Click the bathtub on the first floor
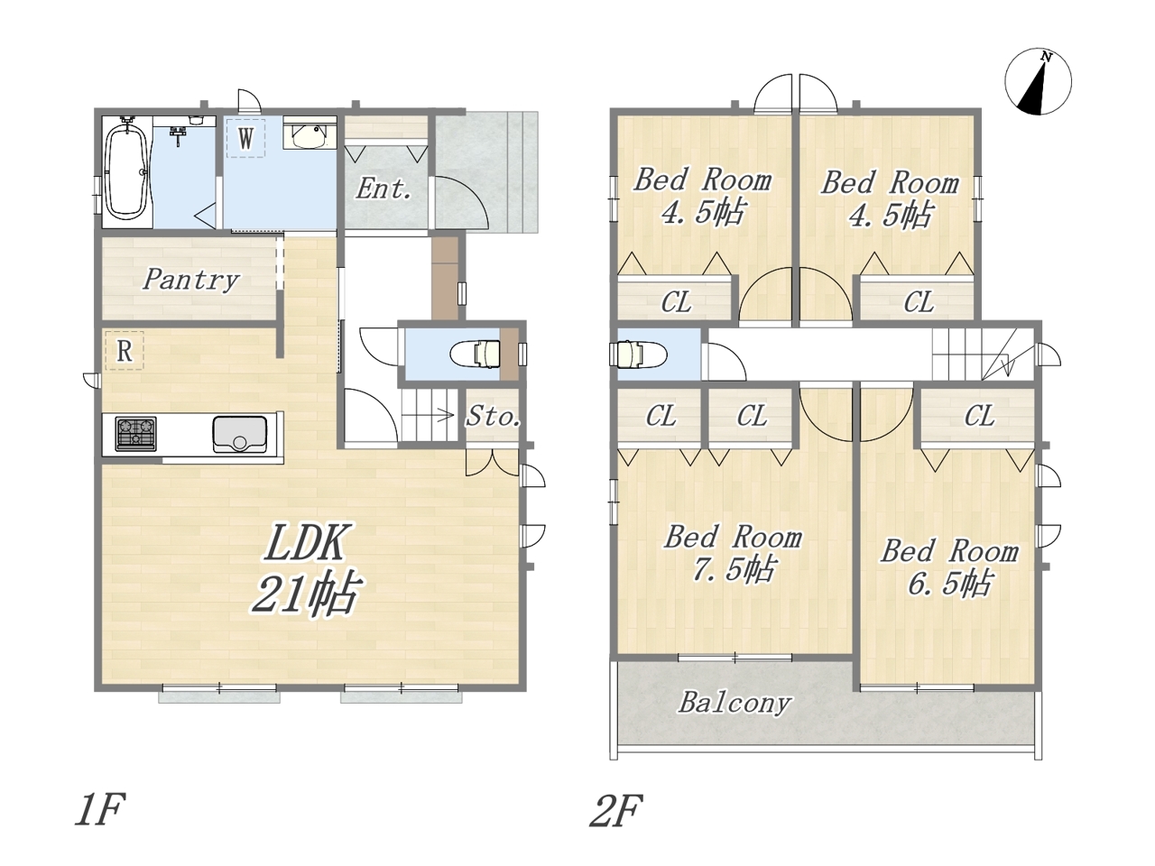127,172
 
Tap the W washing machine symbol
245,138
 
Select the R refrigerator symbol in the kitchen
125,351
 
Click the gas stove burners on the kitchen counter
135,434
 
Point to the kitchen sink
239,434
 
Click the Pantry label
191,280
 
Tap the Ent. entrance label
383,189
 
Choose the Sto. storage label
494,417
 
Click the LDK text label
305,542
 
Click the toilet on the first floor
476,353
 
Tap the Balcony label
735,704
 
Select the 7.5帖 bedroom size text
733,570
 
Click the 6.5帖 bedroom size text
950,584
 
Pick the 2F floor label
615,810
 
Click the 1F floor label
99,810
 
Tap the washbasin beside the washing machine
310,135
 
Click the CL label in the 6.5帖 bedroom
979,416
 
